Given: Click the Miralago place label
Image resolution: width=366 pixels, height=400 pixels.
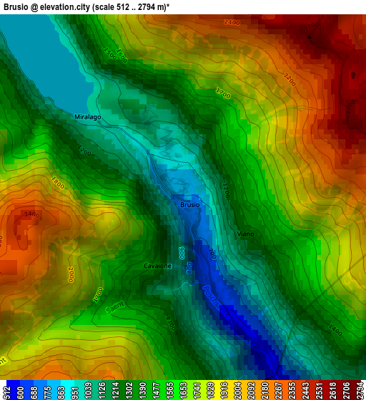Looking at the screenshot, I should click(x=88, y=116).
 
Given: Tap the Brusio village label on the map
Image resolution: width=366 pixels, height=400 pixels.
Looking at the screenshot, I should click(x=189, y=205).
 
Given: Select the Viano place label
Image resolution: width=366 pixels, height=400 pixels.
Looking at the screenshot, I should click(x=245, y=234).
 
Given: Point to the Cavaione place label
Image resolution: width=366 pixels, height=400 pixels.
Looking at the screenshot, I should click(x=157, y=266).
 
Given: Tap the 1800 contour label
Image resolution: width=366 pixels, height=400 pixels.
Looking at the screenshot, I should click(x=57, y=183).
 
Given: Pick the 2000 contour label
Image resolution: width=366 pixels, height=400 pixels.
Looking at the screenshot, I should click(x=71, y=274).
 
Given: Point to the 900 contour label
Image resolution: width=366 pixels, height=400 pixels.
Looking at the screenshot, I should click(x=182, y=253).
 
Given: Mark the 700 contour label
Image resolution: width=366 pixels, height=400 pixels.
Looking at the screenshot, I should click(x=212, y=254).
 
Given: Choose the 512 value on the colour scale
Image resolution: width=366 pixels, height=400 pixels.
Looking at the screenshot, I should click(x=6, y=392).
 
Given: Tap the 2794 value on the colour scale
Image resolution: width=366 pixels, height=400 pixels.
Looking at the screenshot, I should click(x=360, y=392).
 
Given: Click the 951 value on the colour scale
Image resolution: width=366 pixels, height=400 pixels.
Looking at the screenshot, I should click(x=76, y=392).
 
